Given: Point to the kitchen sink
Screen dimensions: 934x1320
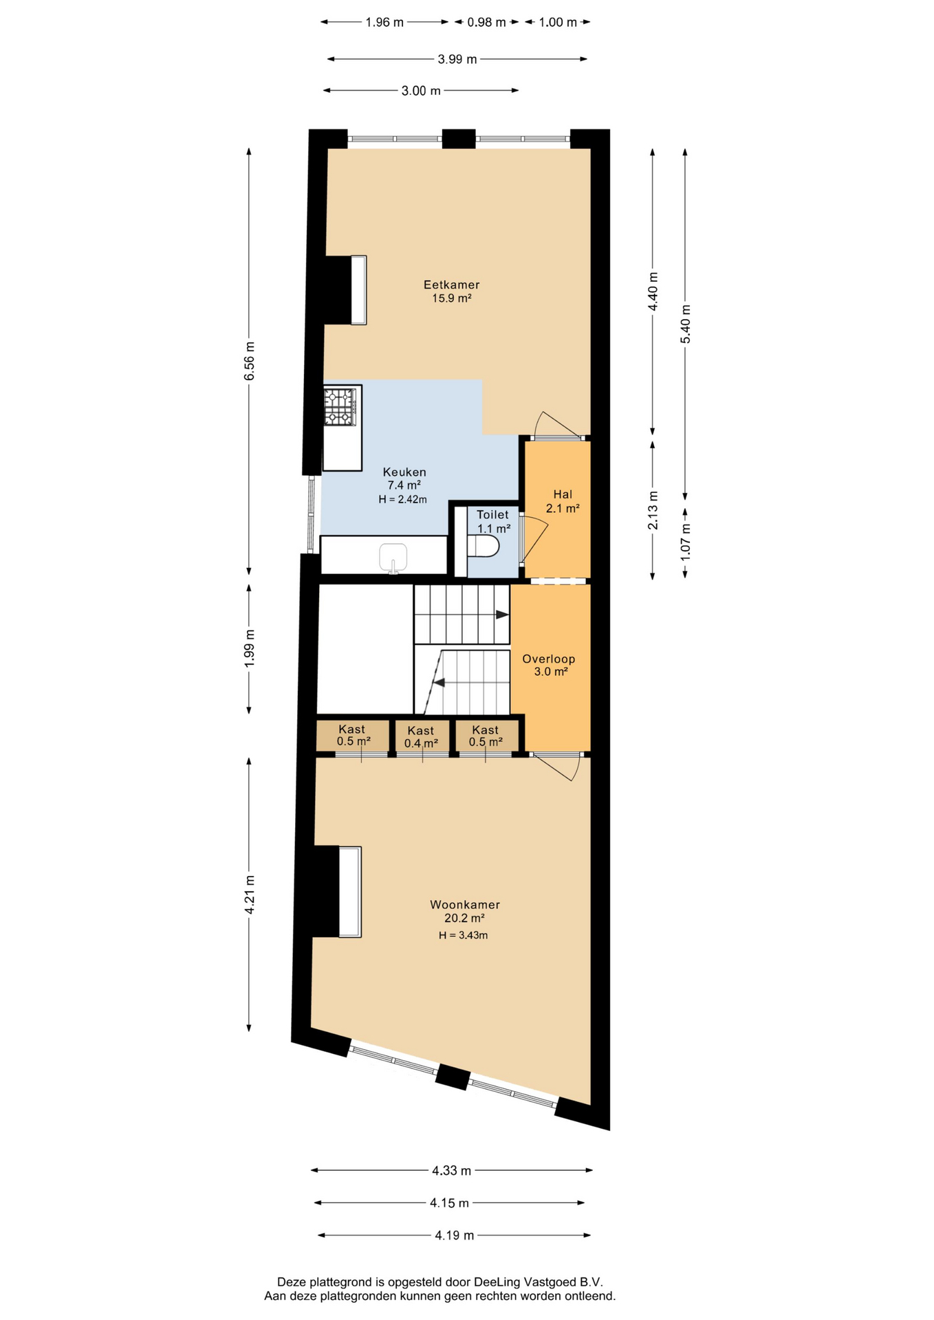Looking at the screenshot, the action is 393,558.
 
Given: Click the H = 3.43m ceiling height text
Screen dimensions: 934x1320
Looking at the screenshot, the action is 464,935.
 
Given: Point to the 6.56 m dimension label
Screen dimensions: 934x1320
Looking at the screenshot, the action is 250,361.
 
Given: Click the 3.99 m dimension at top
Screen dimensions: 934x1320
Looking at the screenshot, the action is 457,59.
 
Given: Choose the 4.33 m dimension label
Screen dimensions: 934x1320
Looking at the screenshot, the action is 452,1169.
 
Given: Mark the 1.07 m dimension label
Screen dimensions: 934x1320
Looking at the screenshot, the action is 686,541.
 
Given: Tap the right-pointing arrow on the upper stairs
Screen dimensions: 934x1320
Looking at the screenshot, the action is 503,614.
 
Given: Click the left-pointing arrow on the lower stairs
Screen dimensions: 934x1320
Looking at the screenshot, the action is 437,683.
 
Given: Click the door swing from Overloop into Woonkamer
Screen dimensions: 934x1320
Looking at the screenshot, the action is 557,767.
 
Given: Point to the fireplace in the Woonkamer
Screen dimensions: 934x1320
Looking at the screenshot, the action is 337,891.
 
